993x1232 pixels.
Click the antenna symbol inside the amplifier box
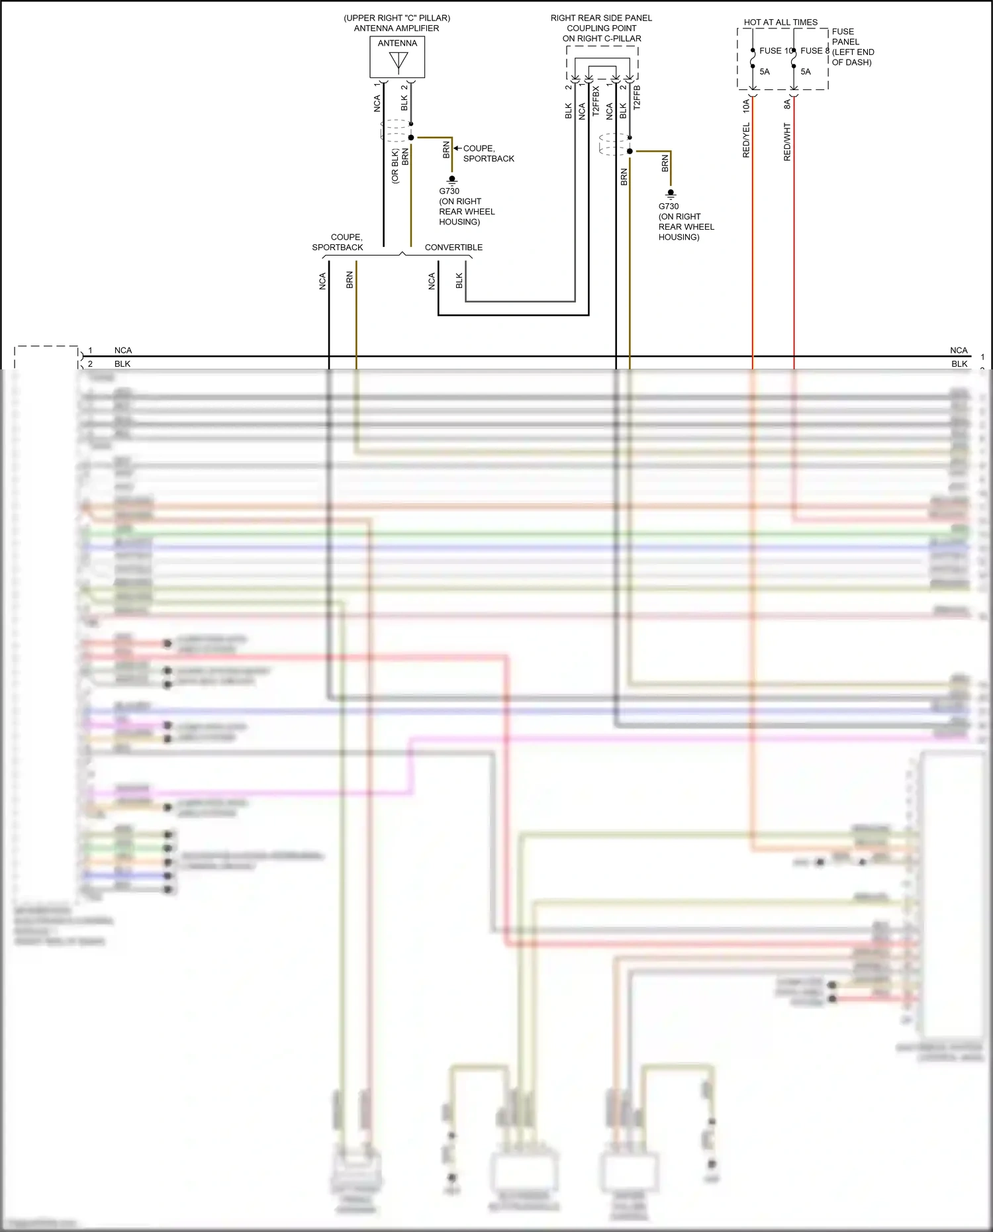click(x=399, y=62)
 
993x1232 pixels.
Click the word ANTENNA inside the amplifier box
click(x=397, y=43)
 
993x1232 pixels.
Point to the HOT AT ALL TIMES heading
click(x=780, y=23)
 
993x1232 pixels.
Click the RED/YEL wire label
click(x=746, y=140)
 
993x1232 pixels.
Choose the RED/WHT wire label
click(x=787, y=142)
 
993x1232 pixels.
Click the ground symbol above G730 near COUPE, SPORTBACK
click(x=452, y=180)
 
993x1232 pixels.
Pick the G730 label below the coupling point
click(x=668, y=207)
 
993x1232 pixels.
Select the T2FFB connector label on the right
click(x=637, y=97)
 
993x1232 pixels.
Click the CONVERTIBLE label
click(x=453, y=248)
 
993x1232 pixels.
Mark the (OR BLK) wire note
click(x=395, y=166)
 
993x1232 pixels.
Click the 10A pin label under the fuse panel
click(x=746, y=105)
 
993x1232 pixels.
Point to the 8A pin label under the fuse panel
click(x=787, y=105)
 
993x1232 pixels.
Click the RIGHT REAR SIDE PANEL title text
click(x=601, y=18)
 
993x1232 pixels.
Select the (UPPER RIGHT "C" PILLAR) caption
click(x=397, y=18)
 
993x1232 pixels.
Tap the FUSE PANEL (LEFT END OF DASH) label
click(x=852, y=47)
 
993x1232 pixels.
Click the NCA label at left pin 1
click(x=123, y=350)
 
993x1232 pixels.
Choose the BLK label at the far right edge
click(x=959, y=364)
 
